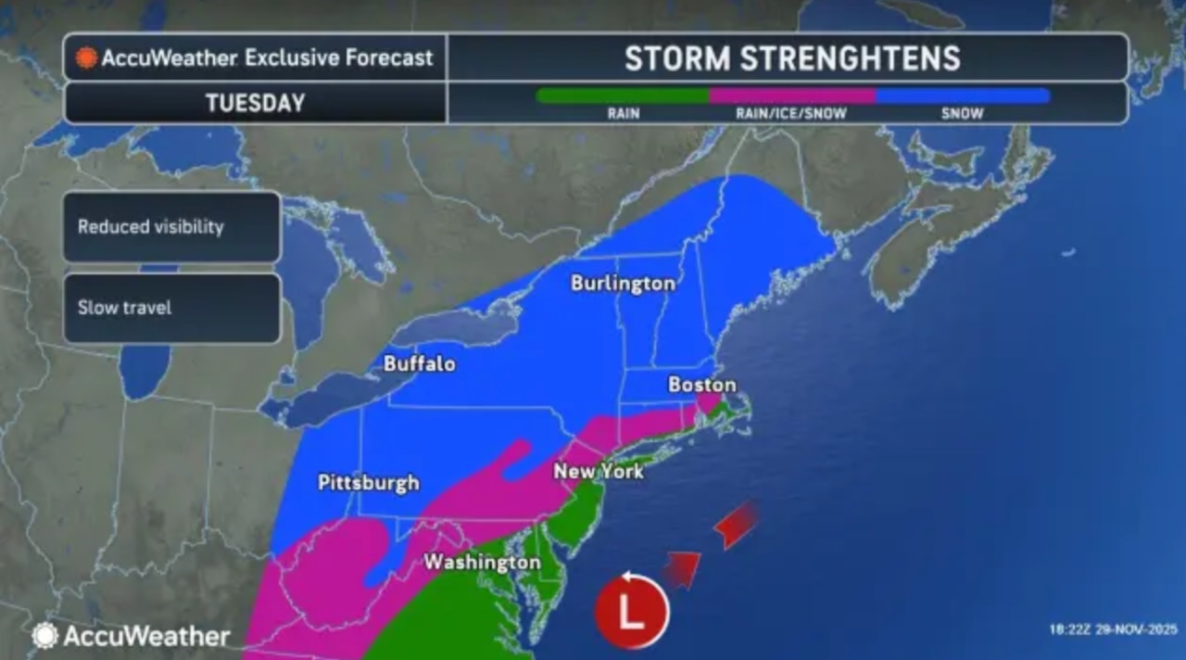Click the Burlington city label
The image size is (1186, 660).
(x=623, y=283)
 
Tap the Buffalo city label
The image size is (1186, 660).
(x=419, y=363)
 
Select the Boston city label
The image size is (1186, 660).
(x=701, y=384)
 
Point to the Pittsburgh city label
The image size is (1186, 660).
(x=368, y=482)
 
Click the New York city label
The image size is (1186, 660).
(x=598, y=471)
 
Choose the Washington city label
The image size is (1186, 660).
(x=482, y=562)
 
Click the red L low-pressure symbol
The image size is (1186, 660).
(x=632, y=613)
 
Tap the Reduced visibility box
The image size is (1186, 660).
(x=171, y=227)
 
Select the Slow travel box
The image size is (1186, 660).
(x=171, y=308)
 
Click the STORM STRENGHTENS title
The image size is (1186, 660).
(x=792, y=58)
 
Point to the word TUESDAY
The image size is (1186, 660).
(x=255, y=103)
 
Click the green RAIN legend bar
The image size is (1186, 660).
(x=623, y=95)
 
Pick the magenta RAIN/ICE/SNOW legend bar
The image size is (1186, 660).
(x=791, y=95)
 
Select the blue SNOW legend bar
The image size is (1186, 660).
(x=963, y=95)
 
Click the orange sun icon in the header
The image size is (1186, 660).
(x=87, y=58)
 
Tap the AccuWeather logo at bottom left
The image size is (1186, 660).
(x=131, y=636)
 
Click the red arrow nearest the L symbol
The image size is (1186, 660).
(x=682, y=567)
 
